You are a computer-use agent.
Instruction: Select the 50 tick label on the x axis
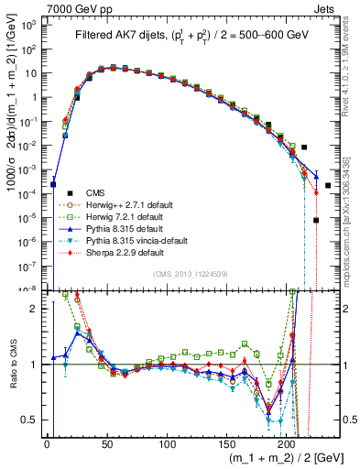[x=106, y=444]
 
